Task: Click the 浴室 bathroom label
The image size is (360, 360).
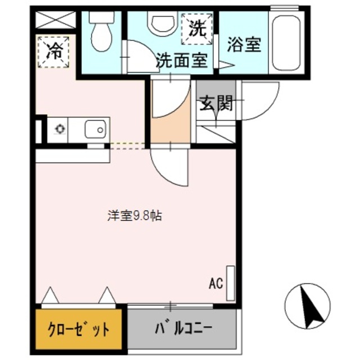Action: tap(244, 45)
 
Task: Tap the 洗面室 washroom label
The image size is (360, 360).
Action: tap(182, 60)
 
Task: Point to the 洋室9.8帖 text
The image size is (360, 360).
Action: tap(135, 215)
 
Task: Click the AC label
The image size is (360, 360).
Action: tap(216, 282)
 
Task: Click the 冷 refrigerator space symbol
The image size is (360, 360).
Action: tap(53, 51)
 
